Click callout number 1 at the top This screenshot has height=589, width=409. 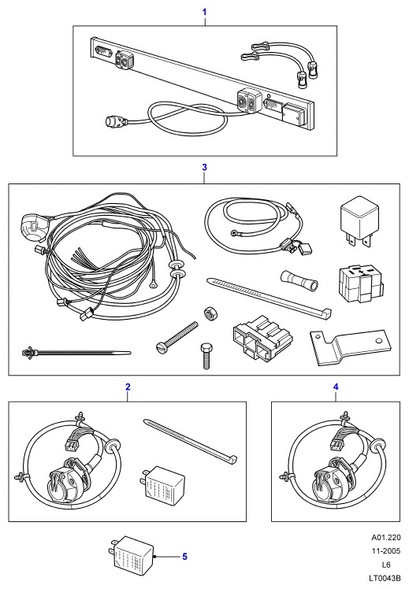205,12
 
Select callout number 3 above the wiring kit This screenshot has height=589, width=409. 205,167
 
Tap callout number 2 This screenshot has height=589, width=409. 128,387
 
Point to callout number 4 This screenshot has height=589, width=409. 336,387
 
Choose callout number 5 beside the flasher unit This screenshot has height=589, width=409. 184,556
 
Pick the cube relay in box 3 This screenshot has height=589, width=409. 359,221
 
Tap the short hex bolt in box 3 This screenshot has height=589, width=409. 206,356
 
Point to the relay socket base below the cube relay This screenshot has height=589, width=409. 360,285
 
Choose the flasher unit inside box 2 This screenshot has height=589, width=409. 164,484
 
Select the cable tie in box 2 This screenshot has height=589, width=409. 190,441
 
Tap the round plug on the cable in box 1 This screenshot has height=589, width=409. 117,120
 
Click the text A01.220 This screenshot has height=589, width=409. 386,538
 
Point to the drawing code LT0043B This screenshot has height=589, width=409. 385,579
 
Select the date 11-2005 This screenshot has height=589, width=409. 386,551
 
